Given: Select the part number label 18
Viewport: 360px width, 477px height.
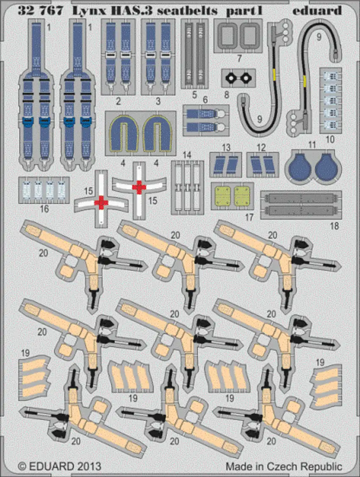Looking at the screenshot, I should point(334,226).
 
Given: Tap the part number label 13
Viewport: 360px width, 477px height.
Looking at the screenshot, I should point(226,147).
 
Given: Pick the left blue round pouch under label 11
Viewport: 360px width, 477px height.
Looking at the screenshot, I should point(301,166).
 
